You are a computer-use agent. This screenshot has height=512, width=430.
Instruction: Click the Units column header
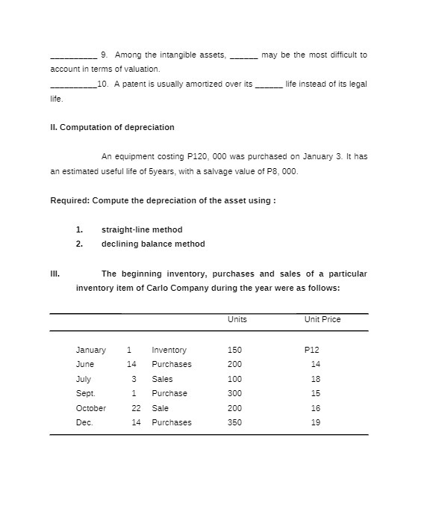pyautogui.click(x=237, y=319)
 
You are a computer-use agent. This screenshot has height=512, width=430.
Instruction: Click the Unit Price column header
pyautogui.click(x=322, y=319)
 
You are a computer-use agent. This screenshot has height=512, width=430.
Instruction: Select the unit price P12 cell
pyautogui.click(x=312, y=350)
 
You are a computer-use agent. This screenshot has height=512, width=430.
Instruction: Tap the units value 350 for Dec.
pyautogui.click(x=234, y=422)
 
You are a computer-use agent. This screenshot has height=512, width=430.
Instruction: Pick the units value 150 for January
pyautogui.click(x=234, y=350)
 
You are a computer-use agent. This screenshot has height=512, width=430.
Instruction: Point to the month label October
pyautogui.click(x=91, y=408)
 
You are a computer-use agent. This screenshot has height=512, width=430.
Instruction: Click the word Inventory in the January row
pyautogui.click(x=169, y=350)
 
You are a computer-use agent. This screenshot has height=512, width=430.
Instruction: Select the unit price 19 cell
pyautogui.click(x=315, y=422)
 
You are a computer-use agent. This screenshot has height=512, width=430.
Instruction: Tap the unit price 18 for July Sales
pyautogui.click(x=315, y=379)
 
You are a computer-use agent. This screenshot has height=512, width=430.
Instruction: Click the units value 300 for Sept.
pyautogui.click(x=234, y=393)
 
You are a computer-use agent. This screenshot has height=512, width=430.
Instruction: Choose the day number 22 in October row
pyautogui.click(x=136, y=408)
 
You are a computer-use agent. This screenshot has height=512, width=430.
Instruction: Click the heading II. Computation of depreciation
pyautogui.click(x=112, y=127)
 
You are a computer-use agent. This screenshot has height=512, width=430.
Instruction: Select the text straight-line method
pyautogui.click(x=142, y=229)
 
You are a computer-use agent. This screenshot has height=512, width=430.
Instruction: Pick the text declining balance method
pyautogui.click(x=153, y=244)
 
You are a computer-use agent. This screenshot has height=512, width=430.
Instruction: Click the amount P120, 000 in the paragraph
pyautogui.click(x=211, y=156)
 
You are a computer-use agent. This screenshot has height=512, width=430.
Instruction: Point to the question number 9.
pyautogui.click(x=103, y=55)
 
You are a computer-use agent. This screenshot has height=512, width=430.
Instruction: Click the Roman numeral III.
pyautogui.click(x=54, y=274)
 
